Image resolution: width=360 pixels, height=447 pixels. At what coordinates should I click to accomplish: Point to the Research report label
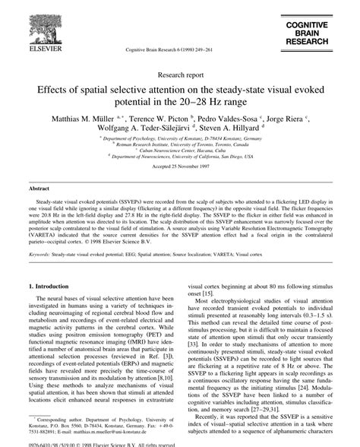tap(179, 75)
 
